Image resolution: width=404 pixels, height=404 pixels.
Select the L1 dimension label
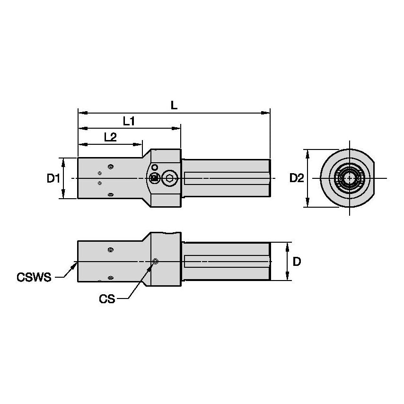pyautogui.click(x=129, y=121)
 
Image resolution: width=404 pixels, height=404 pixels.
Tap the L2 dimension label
pyautogui.click(x=110, y=137)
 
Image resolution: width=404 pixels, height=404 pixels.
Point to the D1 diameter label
pyautogui.click(x=53, y=178)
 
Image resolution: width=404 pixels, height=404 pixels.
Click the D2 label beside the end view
pyautogui.click(x=297, y=178)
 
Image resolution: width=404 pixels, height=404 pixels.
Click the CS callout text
pyautogui.click(x=107, y=299)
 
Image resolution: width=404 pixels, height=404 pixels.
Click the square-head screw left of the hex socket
pyautogui.click(x=154, y=178)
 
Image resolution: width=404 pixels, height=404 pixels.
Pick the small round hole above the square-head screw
pyautogui.click(x=154, y=167)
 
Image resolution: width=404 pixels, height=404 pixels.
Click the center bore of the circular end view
pyautogui.click(x=349, y=178)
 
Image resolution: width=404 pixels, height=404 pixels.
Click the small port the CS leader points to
pyautogui.click(x=156, y=262)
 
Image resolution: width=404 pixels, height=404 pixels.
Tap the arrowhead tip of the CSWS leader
pyautogui.click(x=77, y=263)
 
